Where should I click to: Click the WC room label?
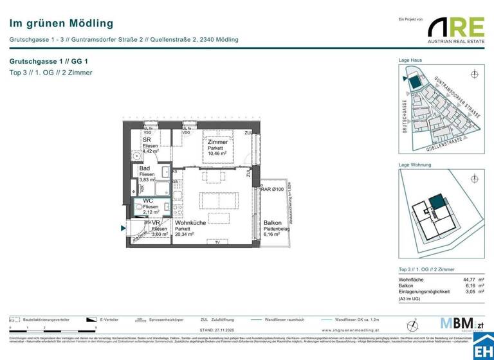(148, 201)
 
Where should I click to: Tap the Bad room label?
(145, 168)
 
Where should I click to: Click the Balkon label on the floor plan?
(272, 222)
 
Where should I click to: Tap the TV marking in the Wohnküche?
(217, 242)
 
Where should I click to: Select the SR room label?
(147, 139)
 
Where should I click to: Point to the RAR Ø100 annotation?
(273, 189)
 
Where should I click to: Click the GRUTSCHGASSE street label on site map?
(405, 116)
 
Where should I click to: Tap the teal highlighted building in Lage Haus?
(415, 82)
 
